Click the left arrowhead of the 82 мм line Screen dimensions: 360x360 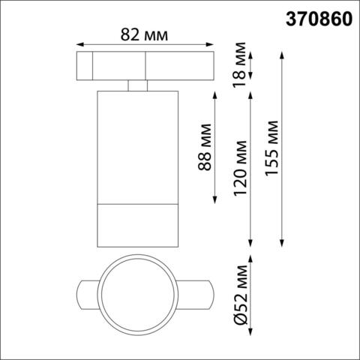(x=79, y=43)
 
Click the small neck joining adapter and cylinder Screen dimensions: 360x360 (x=136, y=86)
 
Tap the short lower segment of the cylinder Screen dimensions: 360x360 (x=136, y=223)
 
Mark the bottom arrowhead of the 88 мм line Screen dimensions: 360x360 (x=217, y=200)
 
